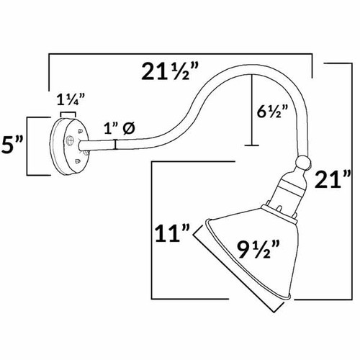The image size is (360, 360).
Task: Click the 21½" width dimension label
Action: click(170, 71)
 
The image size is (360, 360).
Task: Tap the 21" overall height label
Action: click(333, 179)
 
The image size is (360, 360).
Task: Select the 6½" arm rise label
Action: click(272, 111)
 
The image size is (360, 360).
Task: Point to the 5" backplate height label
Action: click(12, 145)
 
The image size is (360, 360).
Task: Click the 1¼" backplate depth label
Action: click(71, 100)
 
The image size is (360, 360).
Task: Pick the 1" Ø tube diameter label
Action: click(120, 128)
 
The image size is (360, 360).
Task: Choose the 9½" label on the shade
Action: click(258, 250)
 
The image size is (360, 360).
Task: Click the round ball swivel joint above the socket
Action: click(303, 163)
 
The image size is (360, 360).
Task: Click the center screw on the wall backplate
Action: click(70, 140)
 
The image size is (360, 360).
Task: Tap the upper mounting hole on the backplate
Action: click(80, 131)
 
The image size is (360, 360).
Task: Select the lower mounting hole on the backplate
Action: click(77, 161)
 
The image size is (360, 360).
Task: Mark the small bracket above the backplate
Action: click(68, 114)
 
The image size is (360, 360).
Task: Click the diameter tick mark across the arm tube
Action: click(116, 145)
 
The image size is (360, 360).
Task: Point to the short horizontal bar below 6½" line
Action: click(252, 145)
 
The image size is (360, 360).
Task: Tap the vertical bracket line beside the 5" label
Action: click(27, 146)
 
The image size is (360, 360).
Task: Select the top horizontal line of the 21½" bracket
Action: click(180, 54)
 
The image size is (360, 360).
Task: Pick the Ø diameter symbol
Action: click(130, 128)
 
